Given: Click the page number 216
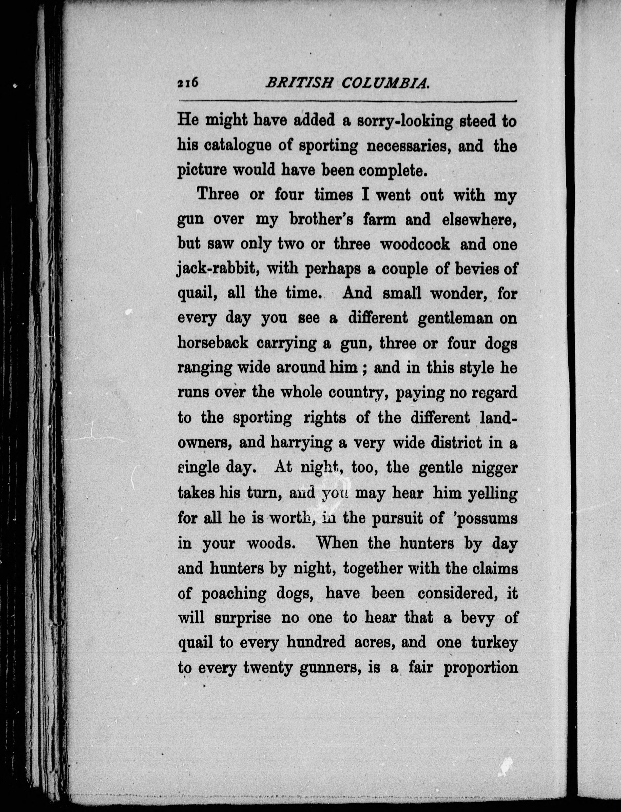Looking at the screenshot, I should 188,83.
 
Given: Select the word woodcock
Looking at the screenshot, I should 415,244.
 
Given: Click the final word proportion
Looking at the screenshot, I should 480,667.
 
